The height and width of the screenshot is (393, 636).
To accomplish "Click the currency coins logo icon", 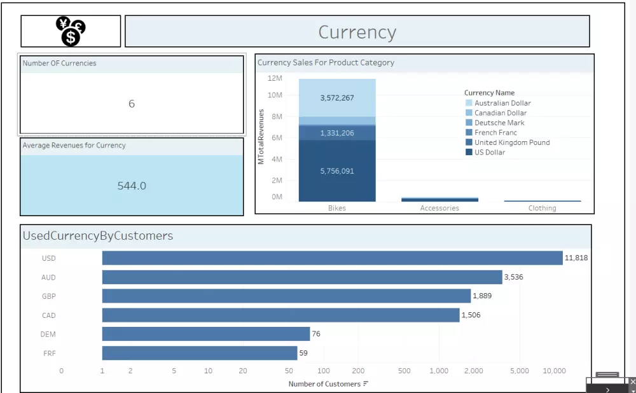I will (x=71, y=32).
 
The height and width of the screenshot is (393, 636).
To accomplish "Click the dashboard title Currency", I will (x=357, y=32).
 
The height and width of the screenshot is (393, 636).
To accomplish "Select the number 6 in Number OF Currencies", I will (x=132, y=104).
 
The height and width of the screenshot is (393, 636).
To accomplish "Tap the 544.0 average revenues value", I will (x=132, y=186).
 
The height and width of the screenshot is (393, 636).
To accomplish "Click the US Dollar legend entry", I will (x=490, y=153).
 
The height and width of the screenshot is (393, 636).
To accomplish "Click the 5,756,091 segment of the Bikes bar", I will (x=337, y=171).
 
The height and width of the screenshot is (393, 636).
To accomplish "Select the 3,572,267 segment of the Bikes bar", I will (x=337, y=98).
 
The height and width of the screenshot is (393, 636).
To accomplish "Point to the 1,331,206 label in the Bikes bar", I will (x=337, y=133).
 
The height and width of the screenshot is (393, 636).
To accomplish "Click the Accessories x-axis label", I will (x=439, y=208).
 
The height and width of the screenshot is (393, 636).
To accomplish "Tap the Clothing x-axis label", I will (x=542, y=208).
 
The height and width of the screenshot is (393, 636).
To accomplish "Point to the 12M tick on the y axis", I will (x=275, y=78).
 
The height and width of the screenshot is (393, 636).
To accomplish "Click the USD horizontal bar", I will (x=332, y=258).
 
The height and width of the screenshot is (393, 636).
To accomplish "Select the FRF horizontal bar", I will (x=200, y=353).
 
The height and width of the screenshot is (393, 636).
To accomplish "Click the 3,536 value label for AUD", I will (x=513, y=277).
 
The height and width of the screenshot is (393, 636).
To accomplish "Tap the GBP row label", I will (x=48, y=296).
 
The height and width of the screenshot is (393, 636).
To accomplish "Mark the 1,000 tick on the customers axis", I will (x=439, y=371).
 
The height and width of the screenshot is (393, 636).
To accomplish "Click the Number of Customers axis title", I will (x=324, y=383).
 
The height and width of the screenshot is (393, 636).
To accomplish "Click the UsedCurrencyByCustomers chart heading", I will (x=98, y=236).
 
